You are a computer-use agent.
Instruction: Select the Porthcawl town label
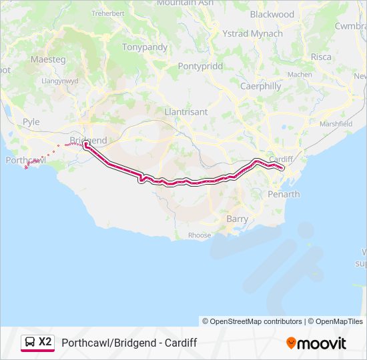(x=25, y=161)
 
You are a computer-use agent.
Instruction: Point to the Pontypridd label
(x=200, y=66)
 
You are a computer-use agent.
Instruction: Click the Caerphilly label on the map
(x=260, y=86)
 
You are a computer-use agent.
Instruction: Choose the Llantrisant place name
(x=186, y=112)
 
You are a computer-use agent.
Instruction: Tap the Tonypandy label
(x=144, y=47)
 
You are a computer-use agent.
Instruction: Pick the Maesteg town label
(x=47, y=59)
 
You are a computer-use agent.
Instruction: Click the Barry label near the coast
(x=237, y=219)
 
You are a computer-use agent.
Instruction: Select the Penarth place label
(x=283, y=194)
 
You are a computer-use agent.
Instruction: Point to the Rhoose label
(x=199, y=235)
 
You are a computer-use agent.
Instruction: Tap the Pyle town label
(x=31, y=122)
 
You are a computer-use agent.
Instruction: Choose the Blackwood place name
(x=272, y=14)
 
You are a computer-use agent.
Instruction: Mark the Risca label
(x=321, y=57)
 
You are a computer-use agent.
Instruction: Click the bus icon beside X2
(x=30, y=343)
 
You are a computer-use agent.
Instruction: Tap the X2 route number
(x=45, y=342)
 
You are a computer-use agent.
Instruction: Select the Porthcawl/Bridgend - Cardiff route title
(x=129, y=343)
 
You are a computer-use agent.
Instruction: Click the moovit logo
(x=316, y=343)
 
